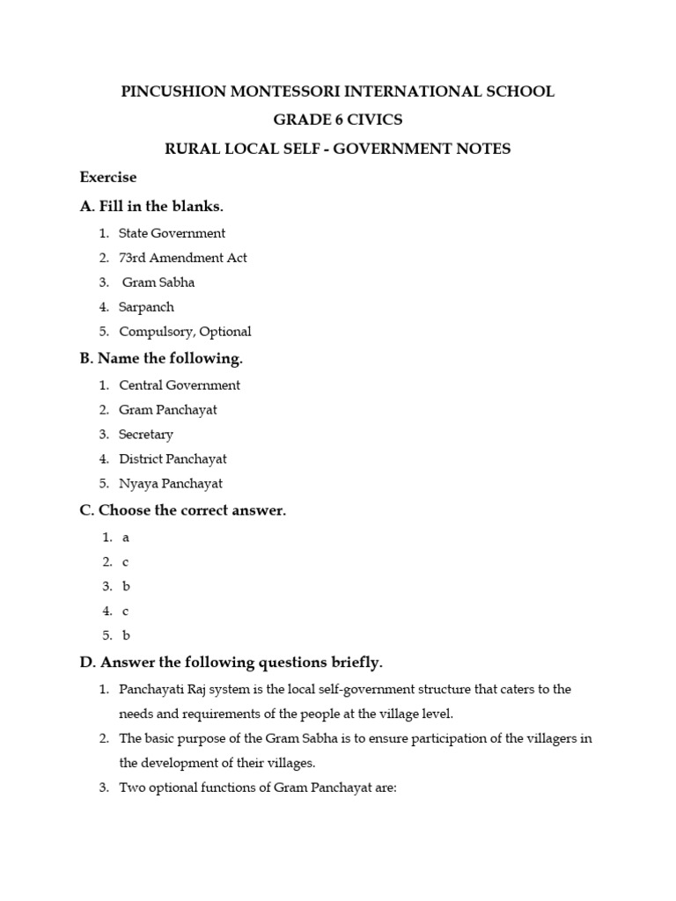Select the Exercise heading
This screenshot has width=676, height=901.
click(x=108, y=178)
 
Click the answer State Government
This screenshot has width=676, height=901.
click(x=172, y=233)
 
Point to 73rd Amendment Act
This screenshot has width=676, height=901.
click(x=183, y=258)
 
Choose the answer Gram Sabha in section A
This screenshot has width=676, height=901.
click(x=159, y=282)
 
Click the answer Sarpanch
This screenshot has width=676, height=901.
click(x=146, y=307)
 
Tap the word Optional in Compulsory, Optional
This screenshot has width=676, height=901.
click(x=224, y=332)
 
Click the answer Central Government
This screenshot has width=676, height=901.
click(x=180, y=385)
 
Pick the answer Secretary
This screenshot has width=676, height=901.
click(x=146, y=434)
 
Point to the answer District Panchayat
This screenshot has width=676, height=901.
click(x=173, y=458)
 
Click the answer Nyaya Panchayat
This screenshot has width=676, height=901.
click(x=171, y=483)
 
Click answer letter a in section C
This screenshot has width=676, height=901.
click(x=126, y=537)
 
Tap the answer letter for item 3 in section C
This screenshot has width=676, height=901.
click(x=127, y=586)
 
